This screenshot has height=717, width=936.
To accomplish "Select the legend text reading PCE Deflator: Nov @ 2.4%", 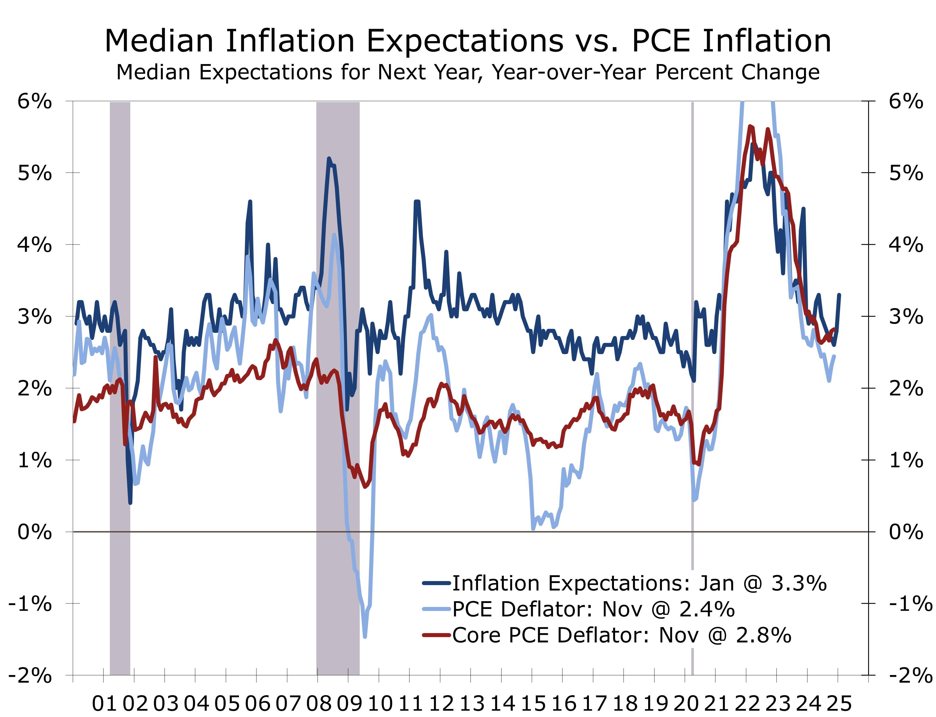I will pos(593,610).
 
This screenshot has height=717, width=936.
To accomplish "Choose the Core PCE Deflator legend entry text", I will pos(622,635).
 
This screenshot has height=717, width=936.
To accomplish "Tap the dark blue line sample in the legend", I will pos(437,583).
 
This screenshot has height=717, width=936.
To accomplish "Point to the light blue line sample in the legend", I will pos(437,609).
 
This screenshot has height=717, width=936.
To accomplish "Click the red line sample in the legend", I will pos(437,635).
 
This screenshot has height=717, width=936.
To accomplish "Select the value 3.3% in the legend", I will pos(799,583).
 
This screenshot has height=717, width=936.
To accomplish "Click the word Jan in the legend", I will pos(716,583).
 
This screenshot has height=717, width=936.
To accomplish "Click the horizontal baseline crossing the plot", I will pos(470,532).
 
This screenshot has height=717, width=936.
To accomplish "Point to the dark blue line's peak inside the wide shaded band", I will pos(329,158).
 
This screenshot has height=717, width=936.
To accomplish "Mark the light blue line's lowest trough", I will pos(365,637).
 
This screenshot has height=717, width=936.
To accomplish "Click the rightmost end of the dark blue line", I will pos(839,295).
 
